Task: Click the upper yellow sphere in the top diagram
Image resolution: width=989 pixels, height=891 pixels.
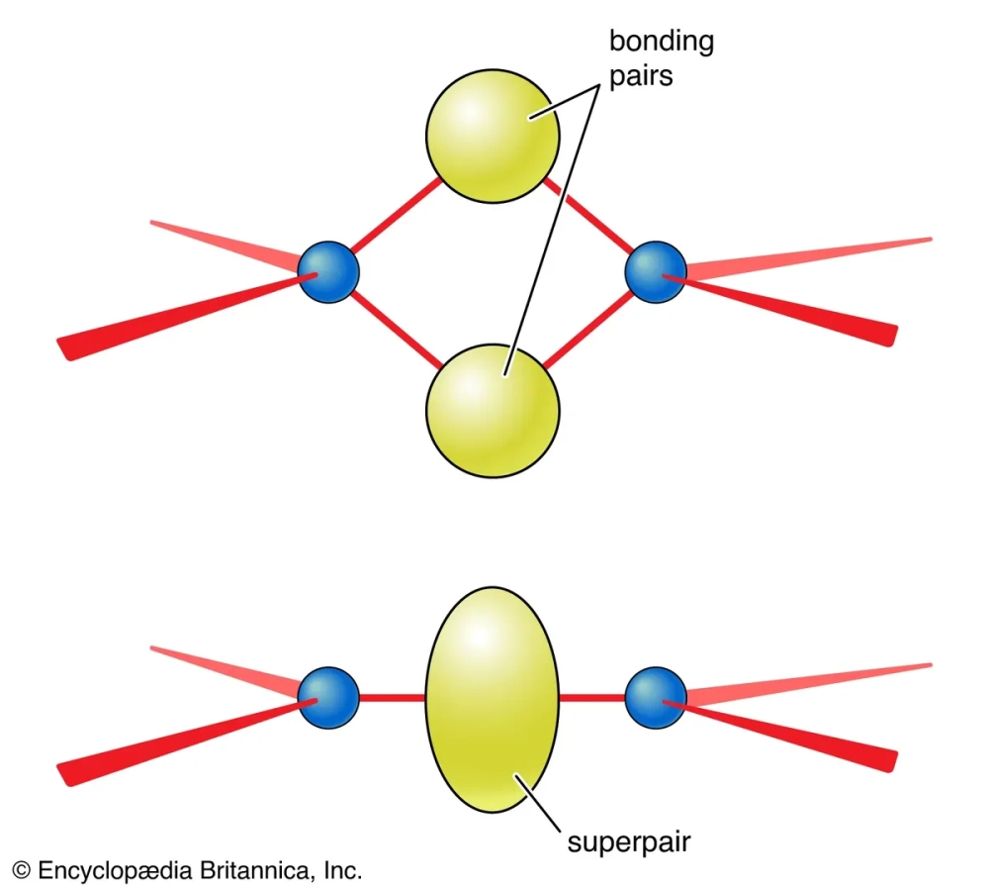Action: click(493, 136)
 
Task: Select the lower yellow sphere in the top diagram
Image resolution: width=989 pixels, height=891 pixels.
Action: click(493, 409)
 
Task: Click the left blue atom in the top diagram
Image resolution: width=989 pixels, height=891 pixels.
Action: click(328, 271)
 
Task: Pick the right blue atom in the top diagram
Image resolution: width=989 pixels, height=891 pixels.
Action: click(656, 271)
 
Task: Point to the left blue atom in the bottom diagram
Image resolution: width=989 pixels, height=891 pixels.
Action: click(328, 698)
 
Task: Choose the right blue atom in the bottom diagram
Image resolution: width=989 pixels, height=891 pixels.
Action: click(656, 698)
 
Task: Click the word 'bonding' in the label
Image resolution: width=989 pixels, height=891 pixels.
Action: click(661, 42)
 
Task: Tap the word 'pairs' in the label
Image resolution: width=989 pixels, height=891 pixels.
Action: click(640, 74)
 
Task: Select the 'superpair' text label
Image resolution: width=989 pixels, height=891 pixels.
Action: click(628, 842)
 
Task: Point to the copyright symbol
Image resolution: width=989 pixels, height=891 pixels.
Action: click(21, 871)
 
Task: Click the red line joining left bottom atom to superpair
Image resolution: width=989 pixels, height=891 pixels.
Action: click(393, 699)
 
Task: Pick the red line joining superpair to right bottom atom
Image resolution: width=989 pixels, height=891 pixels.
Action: click(591, 699)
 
